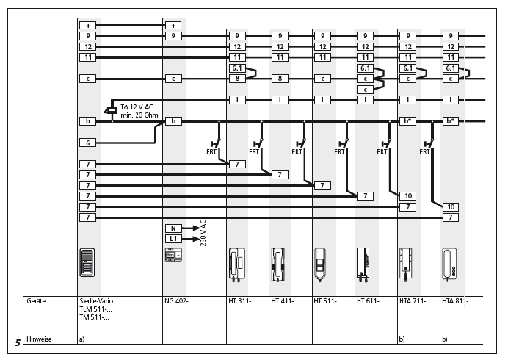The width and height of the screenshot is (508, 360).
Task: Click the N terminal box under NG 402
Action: pyautogui.click(x=173, y=228)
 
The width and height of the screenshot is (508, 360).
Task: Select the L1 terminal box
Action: pyautogui.click(x=173, y=239)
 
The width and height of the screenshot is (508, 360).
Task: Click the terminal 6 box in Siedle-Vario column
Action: pyautogui.click(x=88, y=143)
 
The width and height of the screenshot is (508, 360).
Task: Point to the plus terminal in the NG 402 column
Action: pyautogui.click(x=173, y=25)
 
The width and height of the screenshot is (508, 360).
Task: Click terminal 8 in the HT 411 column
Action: pyautogui.click(x=280, y=78)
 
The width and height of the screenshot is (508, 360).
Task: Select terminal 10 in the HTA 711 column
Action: pyautogui.click(x=407, y=195)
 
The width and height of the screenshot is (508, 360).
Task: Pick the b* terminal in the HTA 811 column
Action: pyautogui.click(x=450, y=120)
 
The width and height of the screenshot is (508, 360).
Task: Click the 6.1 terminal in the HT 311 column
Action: pyautogui.click(x=237, y=68)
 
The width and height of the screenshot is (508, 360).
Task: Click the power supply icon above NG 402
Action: pyautogui.click(x=173, y=255)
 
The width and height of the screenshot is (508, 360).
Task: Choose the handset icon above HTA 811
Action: pyautogui.click(x=450, y=264)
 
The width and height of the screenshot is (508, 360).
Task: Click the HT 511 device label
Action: pyautogui.click(x=327, y=301)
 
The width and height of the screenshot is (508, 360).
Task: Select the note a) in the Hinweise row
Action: pyautogui.click(x=81, y=339)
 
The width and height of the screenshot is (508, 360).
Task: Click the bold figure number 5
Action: pyautogui.click(x=17, y=342)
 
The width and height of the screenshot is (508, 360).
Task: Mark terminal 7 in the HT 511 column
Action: pyautogui.click(x=322, y=185)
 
